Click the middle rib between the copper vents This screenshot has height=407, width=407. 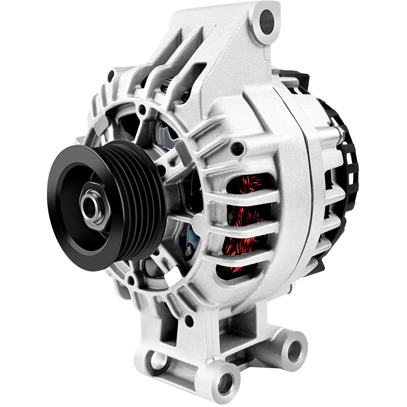click(244, 224)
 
